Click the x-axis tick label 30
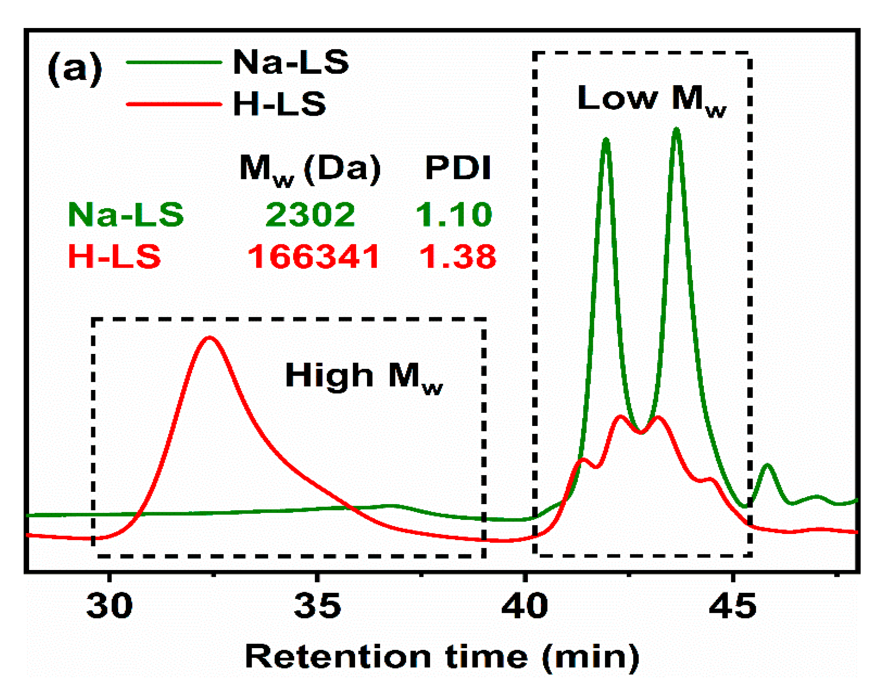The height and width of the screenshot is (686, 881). (109, 606)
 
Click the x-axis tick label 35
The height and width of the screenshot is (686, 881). (318, 606)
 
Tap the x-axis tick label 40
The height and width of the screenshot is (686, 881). (525, 606)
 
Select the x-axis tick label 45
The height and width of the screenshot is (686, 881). (732, 606)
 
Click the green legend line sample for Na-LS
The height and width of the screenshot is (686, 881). (174, 62)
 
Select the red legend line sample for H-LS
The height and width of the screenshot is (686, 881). (174, 104)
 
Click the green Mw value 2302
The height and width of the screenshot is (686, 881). (310, 215)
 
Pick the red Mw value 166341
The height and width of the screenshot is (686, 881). (314, 256)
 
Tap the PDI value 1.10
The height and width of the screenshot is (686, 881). (454, 215)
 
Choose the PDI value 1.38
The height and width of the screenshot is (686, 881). (458, 256)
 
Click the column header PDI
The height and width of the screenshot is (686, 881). (458, 167)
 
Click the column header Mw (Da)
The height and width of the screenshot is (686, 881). (310, 169)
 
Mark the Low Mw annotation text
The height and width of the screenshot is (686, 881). (651, 99)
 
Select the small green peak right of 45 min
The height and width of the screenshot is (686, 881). (767, 466)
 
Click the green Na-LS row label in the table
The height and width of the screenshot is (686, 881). (126, 215)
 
